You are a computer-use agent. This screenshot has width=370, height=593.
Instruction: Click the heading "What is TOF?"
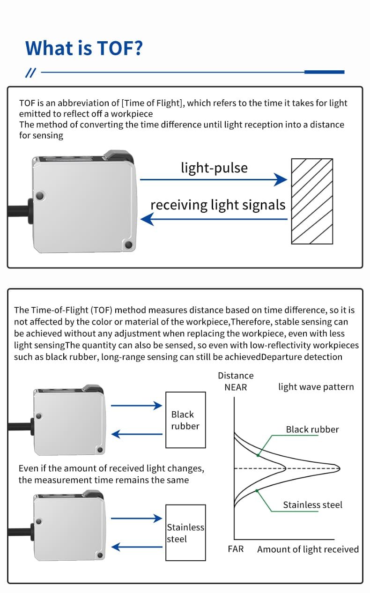(84, 48)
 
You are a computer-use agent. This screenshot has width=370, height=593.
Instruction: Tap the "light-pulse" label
(214, 168)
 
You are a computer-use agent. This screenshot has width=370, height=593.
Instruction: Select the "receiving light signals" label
(218, 205)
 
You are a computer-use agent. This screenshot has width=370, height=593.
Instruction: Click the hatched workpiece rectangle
(312, 201)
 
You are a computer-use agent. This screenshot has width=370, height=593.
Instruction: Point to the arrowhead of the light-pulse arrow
(281, 179)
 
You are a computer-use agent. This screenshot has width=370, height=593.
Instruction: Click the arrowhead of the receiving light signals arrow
(147, 219)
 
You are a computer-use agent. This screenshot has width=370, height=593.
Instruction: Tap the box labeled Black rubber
(185, 420)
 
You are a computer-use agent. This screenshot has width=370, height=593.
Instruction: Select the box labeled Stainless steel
(185, 533)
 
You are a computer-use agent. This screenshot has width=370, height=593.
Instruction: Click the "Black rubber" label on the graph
(312, 429)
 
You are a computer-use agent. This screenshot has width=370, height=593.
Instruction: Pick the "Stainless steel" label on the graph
(312, 504)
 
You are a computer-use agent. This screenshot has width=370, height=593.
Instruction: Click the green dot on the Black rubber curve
(258, 454)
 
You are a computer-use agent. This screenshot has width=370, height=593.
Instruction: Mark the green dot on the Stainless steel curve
(257, 490)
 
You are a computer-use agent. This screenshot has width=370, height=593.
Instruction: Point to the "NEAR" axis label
(236, 387)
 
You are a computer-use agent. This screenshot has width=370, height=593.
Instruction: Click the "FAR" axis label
(236, 549)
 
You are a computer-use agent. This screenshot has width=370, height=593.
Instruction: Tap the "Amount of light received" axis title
(308, 549)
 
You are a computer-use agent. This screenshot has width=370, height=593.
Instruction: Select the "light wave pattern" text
(316, 387)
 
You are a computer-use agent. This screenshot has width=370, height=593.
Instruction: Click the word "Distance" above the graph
(236, 376)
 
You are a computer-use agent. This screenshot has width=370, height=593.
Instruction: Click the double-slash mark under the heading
(30, 72)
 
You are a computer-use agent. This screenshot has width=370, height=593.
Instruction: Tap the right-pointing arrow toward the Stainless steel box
(137, 519)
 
